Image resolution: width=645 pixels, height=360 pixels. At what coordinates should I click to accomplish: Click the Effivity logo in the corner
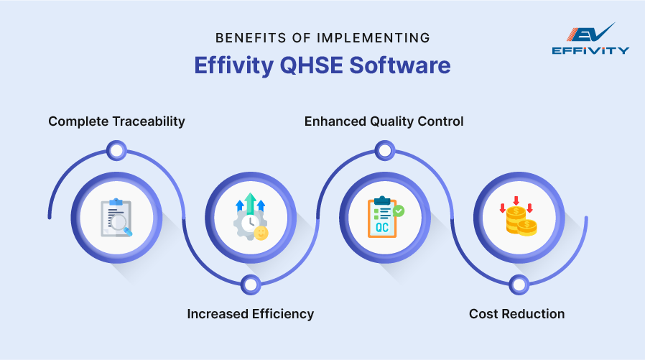(590, 39)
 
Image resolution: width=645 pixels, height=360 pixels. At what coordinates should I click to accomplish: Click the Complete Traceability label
(116, 121)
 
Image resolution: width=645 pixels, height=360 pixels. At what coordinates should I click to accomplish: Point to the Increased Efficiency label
(251, 313)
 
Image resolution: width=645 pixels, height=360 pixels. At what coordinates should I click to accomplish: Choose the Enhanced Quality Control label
(384, 121)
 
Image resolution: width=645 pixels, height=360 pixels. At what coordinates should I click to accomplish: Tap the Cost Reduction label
(516, 313)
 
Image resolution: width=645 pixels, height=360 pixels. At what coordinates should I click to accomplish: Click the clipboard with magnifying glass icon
(116, 217)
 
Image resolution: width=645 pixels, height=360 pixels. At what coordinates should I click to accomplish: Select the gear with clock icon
(250, 217)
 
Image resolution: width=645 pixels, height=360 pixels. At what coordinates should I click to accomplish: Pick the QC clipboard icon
(384, 217)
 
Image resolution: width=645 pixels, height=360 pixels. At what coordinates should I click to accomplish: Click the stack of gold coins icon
(518, 218)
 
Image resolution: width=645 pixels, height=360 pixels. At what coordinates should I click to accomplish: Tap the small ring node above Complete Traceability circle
(116, 150)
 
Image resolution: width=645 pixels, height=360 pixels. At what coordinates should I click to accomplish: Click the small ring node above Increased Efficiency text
(250, 285)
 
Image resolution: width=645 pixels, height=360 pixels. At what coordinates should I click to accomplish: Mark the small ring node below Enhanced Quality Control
(384, 150)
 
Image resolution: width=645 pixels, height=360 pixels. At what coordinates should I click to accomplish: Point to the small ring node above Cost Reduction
(518, 285)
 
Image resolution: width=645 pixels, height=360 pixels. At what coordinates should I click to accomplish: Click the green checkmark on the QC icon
(398, 211)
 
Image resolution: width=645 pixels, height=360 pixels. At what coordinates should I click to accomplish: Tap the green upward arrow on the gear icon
(250, 201)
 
